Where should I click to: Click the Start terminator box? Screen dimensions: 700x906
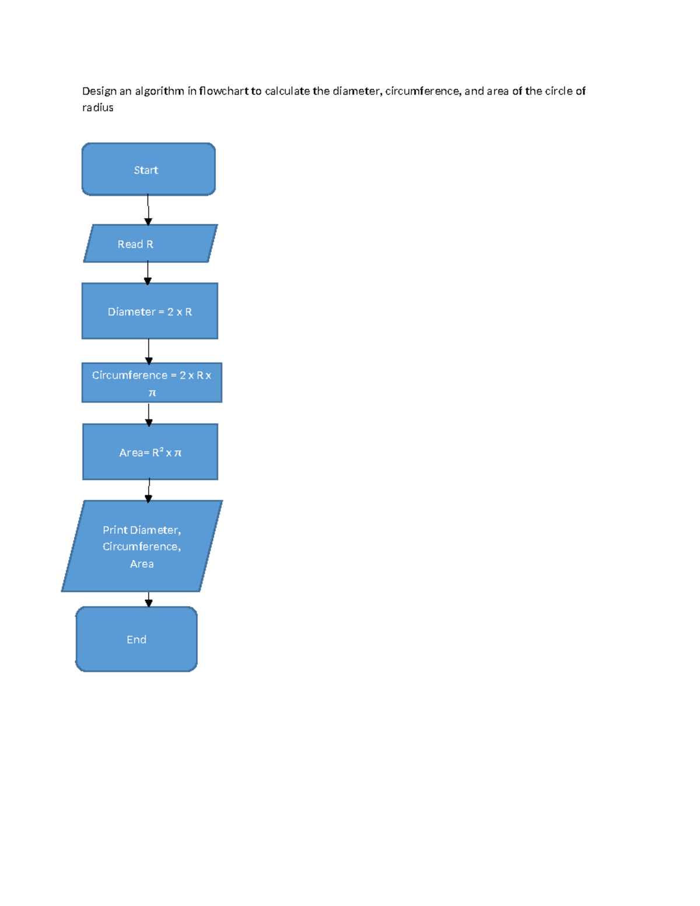tap(148, 169)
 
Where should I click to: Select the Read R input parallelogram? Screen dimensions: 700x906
tap(150, 243)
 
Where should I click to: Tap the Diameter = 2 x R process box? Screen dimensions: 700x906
tap(150, 311)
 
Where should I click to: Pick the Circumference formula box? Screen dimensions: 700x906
tap(152, 382)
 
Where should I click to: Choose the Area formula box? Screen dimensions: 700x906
tap(150, 452)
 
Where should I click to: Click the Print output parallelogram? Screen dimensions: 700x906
tap(142, 546)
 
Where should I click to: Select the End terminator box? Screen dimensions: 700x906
tap(136, 639)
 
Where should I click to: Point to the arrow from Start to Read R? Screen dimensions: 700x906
tap(148, 209)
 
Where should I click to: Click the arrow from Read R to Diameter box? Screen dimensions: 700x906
tap(148, 272)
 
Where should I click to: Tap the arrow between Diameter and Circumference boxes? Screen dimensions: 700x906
tap(148, 351)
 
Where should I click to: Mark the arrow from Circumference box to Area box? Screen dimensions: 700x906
tap(148, 414)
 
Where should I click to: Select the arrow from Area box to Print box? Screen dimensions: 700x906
tap(149, 490)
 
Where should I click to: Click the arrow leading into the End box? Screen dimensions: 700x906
tap(148, 599)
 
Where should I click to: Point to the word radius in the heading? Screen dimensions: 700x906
tap(97, 107)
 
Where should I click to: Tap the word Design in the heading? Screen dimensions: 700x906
tap(99, 92)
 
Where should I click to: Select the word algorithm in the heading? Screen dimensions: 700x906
tap(159, 92)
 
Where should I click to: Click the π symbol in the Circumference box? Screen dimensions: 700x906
tap(152, 393)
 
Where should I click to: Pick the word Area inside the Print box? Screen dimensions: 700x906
tap(142, 564)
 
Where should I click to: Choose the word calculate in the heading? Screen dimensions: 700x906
tap(287, 91)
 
